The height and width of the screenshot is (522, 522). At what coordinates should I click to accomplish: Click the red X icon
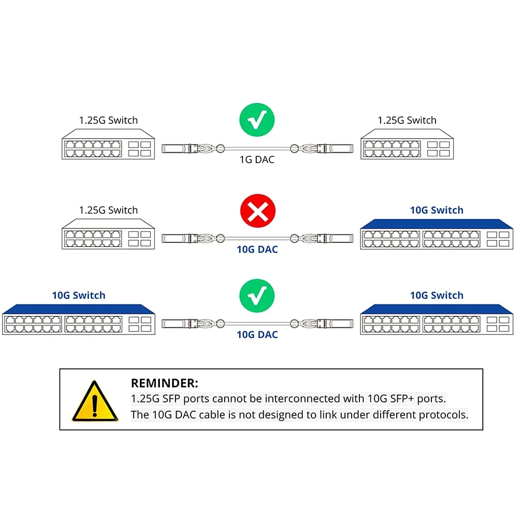pyautogui.click(x=257, y=211)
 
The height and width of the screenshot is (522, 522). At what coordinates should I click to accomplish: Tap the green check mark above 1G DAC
pyautogui.click(x=257, y=120)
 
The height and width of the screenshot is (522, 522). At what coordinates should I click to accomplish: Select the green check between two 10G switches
pyautogui.click(x=257, y=296)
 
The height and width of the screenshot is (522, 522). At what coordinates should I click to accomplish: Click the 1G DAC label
pyautogui.click(x=257, y=160)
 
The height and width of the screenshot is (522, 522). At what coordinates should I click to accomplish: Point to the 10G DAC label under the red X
pyautogui.click(x=257, y=249)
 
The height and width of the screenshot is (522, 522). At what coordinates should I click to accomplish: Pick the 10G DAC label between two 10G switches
pyautogui.click(x=257, y=335)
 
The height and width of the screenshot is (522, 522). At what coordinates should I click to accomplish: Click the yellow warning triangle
pyautogui.click(x=95, y=401)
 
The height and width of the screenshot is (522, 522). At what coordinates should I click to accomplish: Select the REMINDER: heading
pyautogui.click(x=164, y=383)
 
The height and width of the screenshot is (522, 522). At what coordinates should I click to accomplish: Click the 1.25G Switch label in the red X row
pyautogui.click(x=108, y=210)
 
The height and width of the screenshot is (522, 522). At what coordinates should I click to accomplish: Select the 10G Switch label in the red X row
pyautogui.click(x=437, y=210)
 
